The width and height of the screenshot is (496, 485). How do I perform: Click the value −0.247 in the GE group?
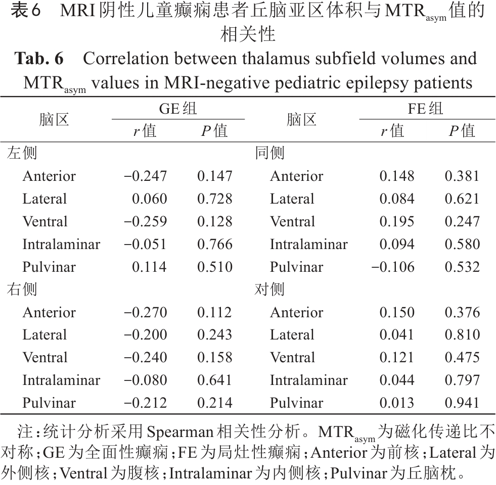146,176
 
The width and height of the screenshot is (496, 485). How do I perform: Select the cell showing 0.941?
462,403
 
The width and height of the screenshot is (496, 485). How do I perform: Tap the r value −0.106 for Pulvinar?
393,267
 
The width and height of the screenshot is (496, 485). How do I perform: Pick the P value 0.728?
215,199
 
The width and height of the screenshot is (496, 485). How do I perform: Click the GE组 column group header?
178,109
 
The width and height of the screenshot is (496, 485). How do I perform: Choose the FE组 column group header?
425,109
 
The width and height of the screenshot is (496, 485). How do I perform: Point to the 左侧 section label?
22,153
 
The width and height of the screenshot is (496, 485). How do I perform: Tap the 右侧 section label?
22,289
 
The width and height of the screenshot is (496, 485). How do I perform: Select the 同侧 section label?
269,153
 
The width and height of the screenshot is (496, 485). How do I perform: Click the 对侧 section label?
269,289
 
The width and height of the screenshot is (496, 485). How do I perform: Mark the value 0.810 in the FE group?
462,335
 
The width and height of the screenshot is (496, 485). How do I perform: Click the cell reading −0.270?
146,312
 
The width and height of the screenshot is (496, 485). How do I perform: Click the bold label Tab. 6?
39,59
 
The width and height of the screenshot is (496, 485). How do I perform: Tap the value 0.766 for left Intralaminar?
215,245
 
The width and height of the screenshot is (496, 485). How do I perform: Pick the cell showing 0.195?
397,222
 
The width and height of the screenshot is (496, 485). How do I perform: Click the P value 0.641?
215,380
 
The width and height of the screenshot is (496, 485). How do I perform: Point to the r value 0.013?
397,403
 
